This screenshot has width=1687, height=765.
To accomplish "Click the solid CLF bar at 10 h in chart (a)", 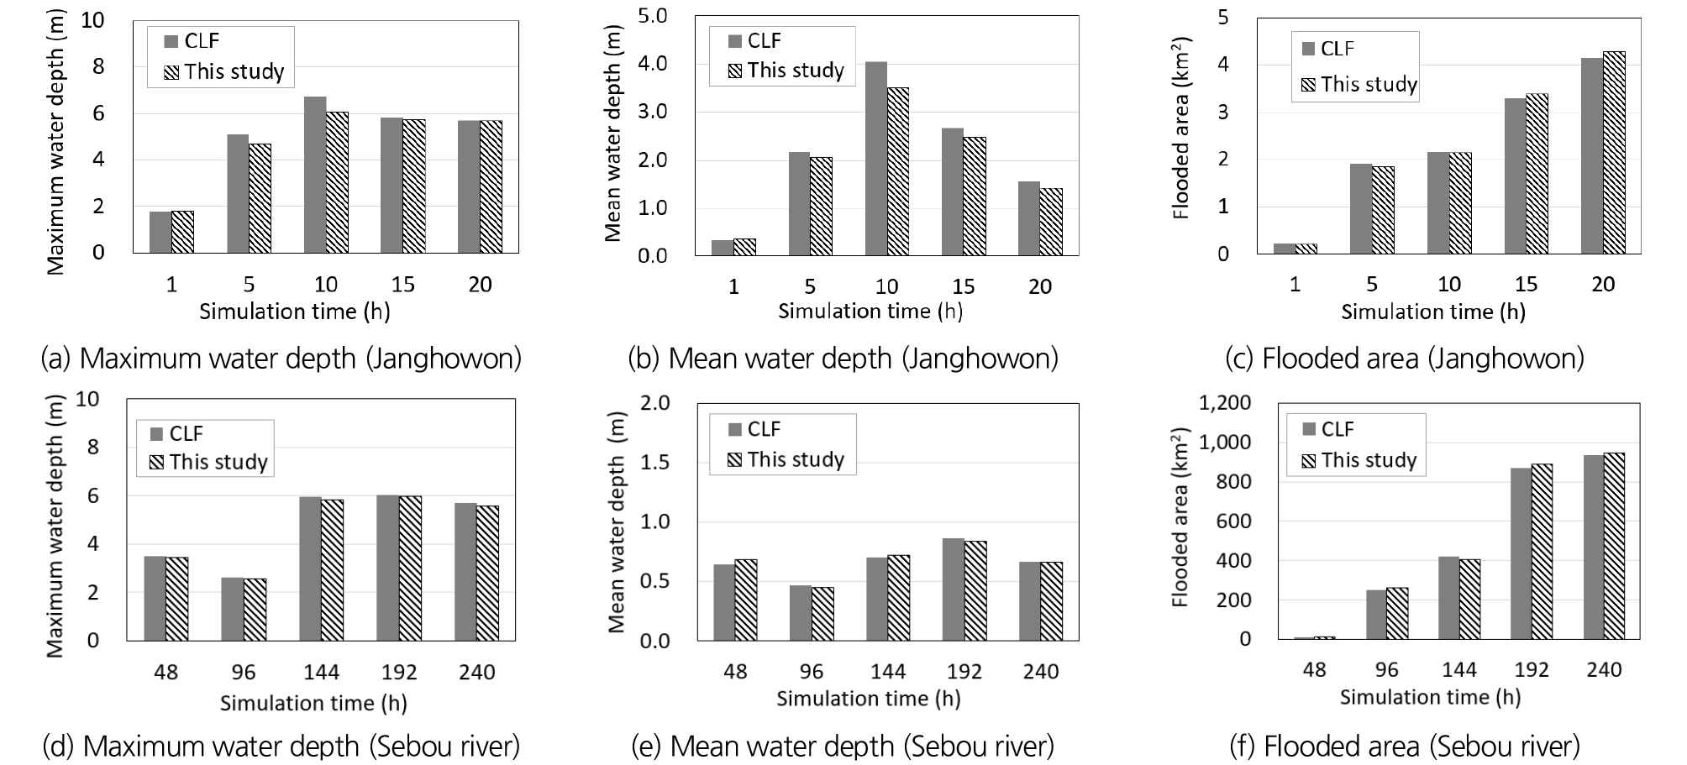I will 315,175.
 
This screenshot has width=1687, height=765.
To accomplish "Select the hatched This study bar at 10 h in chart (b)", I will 897,171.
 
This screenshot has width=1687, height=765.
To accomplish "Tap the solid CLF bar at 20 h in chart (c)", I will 1591,155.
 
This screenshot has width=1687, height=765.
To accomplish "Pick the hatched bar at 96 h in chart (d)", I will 255,610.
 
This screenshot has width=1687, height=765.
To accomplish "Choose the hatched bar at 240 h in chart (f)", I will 1613,546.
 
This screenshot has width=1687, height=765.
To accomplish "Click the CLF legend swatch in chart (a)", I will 171,42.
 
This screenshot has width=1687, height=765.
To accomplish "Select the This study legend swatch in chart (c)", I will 1307,85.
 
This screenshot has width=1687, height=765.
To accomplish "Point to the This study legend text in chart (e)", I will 796,459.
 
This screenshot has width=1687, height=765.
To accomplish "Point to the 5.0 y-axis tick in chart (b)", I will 652,16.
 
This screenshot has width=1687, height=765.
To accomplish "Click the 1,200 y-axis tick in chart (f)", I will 1225,404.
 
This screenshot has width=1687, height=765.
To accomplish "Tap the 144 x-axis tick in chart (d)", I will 321,673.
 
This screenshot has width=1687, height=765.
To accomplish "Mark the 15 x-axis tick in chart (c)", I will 1525,285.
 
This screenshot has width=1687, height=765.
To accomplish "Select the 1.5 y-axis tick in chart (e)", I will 654,463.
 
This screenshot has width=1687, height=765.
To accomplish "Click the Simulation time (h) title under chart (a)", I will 294,312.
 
